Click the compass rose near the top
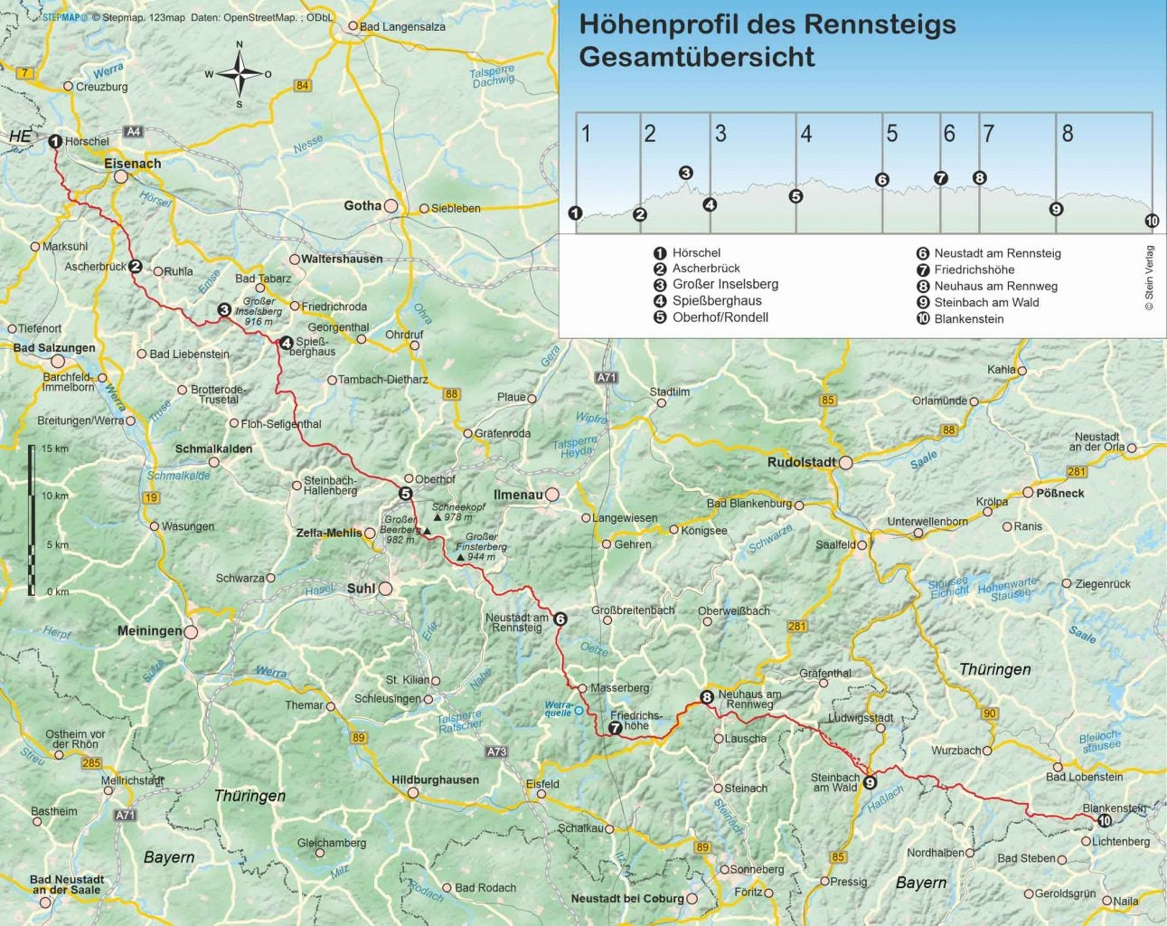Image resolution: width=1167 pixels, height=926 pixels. coord(240,74)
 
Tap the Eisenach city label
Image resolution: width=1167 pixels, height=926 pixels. coord(132,164)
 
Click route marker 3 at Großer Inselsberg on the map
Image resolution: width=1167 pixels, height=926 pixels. coord(224,310)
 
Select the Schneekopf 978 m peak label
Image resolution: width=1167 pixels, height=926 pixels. coord(458,512)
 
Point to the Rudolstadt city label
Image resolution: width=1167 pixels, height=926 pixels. coord(802,462)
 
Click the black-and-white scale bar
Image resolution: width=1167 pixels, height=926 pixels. coord(32,520)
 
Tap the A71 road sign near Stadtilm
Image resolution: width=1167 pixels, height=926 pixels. coord(606,377)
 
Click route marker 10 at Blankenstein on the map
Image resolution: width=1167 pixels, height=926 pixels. coord(1105,820)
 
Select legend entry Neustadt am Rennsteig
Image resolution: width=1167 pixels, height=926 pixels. coord(997,253)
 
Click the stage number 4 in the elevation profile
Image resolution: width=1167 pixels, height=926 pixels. coord(805,134)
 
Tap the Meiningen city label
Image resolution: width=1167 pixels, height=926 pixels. coord(149,630)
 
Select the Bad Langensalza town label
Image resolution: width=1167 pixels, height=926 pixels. coord(402,26)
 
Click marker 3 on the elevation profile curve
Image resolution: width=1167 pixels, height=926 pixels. coord(686,173)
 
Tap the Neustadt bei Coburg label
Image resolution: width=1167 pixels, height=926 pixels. coord(627,898)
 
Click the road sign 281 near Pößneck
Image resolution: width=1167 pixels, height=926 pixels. coord(1077,471)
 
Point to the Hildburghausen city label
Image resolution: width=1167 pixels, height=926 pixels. coord(435,780)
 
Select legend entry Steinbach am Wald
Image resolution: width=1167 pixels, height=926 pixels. coord(986,302)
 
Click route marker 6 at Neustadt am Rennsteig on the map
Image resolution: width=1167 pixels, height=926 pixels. coord(560,619)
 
